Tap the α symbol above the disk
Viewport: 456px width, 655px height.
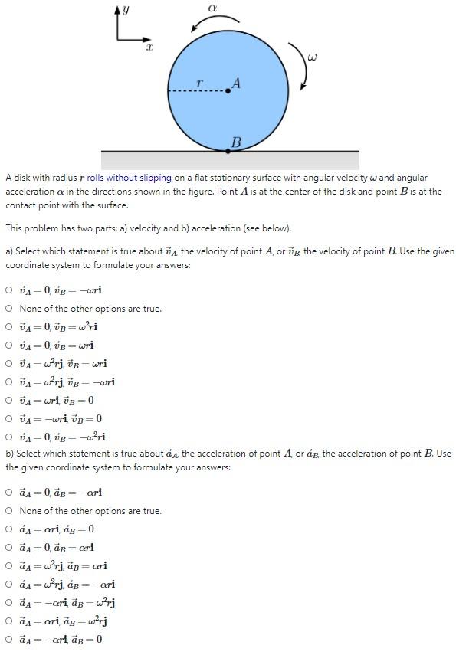(212, 7)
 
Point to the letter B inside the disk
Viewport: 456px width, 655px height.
(236, 142)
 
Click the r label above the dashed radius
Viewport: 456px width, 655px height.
(199, 82)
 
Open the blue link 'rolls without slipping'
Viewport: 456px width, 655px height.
(129, 178)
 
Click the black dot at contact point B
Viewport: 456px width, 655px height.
(228, 151)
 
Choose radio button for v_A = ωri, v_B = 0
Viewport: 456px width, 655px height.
(8, 401)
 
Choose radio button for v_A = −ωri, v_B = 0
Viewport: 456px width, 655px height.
(8, 419)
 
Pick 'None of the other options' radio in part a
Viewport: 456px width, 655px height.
(8, 309)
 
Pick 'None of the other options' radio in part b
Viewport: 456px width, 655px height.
(8, 511)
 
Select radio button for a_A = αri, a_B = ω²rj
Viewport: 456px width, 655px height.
(8, 621)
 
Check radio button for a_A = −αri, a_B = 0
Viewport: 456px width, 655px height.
(8, 640)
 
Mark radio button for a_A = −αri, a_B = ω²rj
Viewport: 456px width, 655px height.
(8, 603)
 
